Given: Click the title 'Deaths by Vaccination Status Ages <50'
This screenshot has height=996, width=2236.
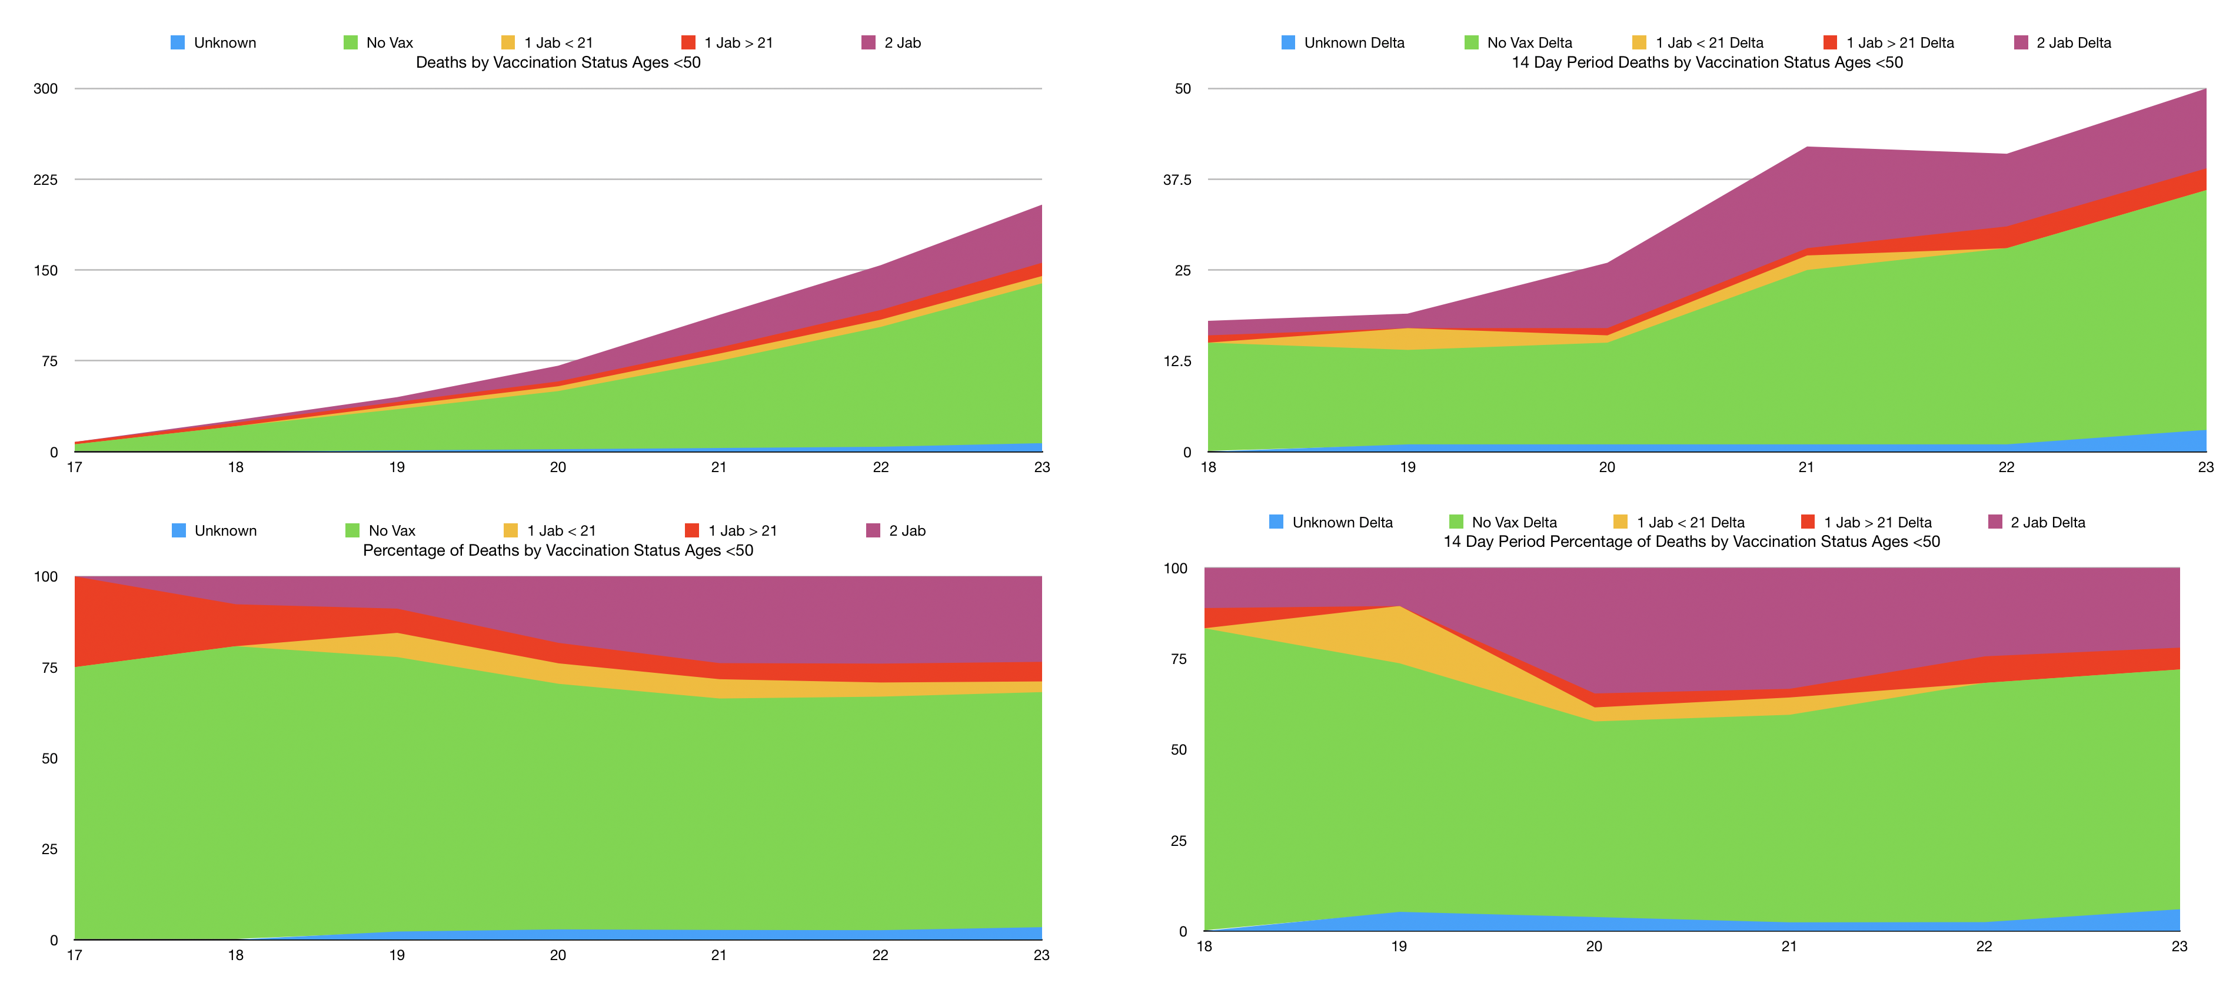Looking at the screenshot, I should point(558,62).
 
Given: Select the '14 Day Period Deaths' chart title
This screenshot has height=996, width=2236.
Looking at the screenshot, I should point(1706,62).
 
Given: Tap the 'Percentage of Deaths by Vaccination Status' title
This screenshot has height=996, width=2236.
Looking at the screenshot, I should point(558,550).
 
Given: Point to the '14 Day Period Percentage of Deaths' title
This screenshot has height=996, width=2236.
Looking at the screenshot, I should point(1691,542).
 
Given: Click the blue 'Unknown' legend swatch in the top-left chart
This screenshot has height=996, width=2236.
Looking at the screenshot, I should point(178,42).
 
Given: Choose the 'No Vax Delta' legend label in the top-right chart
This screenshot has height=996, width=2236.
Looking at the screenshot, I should point(1529,42).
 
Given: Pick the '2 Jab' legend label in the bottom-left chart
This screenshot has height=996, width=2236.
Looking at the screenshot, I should point(907,530).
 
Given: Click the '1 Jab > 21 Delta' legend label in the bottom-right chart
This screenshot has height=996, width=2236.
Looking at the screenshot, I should point(1878,523).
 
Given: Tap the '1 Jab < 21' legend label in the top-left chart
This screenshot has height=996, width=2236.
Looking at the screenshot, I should point(558,42).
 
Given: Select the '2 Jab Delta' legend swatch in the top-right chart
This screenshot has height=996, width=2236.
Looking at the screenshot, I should point(2021,42).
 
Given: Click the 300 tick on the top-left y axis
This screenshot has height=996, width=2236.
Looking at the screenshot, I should point(45,88).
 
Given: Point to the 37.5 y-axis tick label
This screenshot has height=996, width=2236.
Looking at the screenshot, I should point(1177,180).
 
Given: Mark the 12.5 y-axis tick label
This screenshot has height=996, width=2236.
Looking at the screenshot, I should point(1177,361).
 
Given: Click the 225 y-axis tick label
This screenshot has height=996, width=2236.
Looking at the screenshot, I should point(45,180).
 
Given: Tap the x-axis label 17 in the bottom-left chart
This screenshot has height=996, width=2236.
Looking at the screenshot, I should point(75,955).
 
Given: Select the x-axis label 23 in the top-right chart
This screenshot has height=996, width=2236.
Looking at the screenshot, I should point(2205,467).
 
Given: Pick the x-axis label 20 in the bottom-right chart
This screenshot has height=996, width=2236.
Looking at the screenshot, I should point(1593,947).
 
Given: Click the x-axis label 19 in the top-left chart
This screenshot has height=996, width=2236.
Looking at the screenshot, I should point(397,467).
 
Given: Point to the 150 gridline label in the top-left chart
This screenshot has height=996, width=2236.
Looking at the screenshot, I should point(45,270).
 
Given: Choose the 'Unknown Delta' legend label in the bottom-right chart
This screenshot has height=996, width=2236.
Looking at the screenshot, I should point(1342,523).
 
